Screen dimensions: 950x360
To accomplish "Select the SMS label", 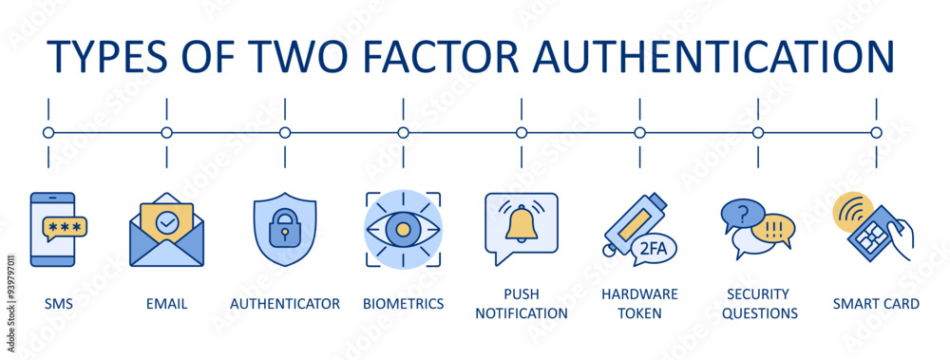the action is pos(59,304).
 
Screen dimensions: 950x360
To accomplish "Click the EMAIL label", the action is pos(166,304).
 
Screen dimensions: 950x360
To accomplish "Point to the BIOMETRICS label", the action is pos(403,304).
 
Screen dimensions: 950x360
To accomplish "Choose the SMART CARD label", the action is pos(875,304).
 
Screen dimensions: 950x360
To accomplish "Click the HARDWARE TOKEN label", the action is pos(639,303).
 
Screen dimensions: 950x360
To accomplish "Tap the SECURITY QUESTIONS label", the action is pos(759,303).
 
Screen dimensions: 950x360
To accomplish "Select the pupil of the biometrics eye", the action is pos(403,229).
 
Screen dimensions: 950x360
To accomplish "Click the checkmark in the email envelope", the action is pos(166,221).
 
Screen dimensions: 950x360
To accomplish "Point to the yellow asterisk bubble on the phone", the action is pos(65,228).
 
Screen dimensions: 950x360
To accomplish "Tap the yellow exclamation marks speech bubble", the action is pos(771,229).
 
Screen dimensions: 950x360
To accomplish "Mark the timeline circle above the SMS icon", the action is pos(48,133).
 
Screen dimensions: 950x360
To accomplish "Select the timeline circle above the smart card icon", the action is pos(876,133).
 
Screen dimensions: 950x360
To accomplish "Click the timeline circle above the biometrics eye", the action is pos(403,133).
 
